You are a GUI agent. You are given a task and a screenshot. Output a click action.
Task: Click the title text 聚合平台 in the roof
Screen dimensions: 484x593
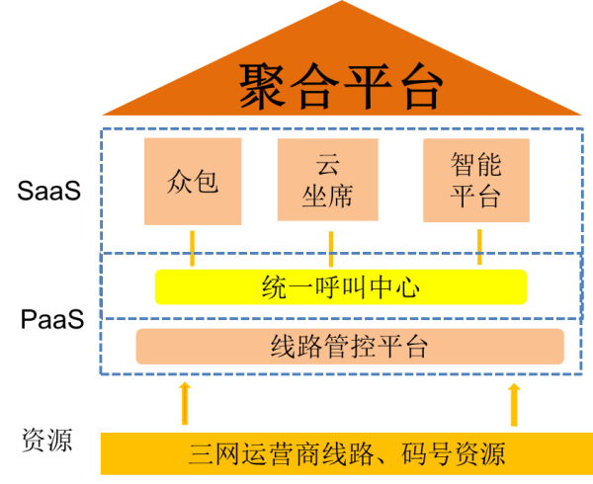click(341, 87)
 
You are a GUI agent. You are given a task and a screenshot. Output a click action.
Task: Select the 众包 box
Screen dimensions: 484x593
click(193, 183)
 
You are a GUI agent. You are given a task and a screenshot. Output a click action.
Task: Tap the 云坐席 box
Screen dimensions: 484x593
click(328, 181)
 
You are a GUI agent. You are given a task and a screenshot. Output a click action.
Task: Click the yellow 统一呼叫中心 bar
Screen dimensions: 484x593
click(341, 287)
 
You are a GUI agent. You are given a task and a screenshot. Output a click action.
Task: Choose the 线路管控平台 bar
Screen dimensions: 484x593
click(349, 346)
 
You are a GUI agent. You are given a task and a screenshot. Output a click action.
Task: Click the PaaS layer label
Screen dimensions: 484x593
click(52, 319)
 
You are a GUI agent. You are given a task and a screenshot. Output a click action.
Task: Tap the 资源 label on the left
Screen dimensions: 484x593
click(46, 440)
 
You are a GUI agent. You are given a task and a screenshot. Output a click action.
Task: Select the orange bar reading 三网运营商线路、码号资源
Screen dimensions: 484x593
click(347, 453)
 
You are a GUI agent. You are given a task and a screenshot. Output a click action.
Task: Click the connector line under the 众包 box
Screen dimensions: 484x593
click(192, 247)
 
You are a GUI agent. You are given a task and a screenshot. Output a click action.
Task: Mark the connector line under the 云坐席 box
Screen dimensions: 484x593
click(329, 247)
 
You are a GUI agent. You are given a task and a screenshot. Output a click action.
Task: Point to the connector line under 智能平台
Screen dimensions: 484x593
click(479, 247)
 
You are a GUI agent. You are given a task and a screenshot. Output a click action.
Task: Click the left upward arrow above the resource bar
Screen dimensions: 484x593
click(183, 404)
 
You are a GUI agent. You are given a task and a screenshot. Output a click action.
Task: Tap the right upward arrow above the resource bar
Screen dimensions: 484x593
click(513, 404)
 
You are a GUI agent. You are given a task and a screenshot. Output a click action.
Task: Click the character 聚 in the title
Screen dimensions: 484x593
click(264, 87)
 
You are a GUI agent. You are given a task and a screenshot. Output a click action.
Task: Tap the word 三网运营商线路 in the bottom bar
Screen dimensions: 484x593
click(281, 453)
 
